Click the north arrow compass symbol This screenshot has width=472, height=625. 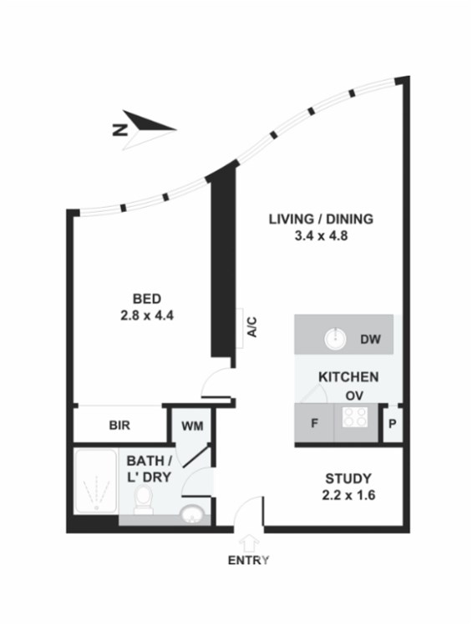click(145, 129)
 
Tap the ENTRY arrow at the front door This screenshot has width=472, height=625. click(248, 544)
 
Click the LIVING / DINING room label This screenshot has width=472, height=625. click(321, 219)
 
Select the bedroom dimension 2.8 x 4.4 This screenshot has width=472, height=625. click(147, 315)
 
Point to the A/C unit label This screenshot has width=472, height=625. click(252, 327)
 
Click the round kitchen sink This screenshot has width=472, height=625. click(335, 340)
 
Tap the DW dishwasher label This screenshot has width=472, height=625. click(370, 340)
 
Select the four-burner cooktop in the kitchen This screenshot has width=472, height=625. click(355, 416)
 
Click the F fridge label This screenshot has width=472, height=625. click(314, 423)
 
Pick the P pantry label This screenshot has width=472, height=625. click(392, 424)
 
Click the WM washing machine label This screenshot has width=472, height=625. click(192, 426)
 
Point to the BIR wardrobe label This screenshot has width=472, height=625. click(119, 426)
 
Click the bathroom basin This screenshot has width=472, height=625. click(192, 514)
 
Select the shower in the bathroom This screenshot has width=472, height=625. click(96, 481)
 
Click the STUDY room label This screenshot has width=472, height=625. click(348, 478)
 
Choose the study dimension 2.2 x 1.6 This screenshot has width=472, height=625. click(348, 496)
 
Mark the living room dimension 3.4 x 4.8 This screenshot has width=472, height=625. click(321, 236)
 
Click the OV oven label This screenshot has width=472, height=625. click(354, 396)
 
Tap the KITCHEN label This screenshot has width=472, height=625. click(348, 377)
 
